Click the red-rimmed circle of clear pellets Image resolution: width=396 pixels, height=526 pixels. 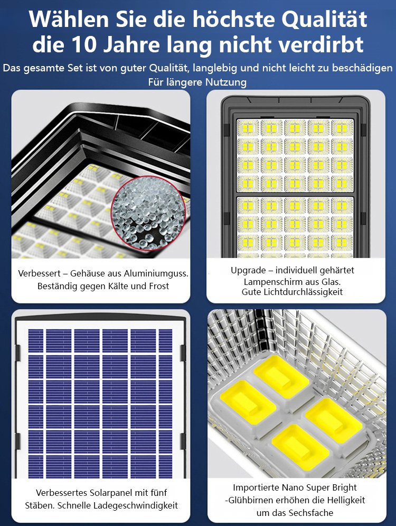point(149,213)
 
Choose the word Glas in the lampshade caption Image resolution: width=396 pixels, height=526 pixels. point(332,281)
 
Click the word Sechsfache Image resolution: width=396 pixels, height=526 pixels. point(310,513)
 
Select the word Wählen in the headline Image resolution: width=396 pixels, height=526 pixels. point(69,20)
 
